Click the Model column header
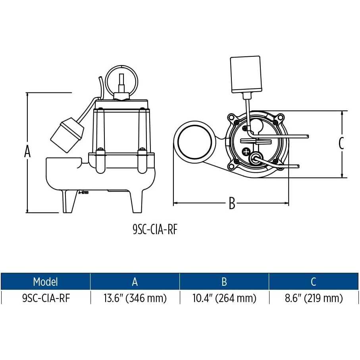pyautogui.click(x=45, y=282)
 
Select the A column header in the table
pyautogui.click(x=135, y=282)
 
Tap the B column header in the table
pyautogui.click(x=224, y=282)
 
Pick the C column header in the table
pyautogui.click(x=314, y=282)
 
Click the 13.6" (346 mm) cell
pyautogui.click(x=135, y=298)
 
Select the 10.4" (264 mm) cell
pyautogui.click(x=224, y=298)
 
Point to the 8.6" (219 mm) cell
pyautogui.click(x=314, y=298)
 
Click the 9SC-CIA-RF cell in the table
pyautogui.click(x=46, y=298)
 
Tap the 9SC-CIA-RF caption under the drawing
pyautogui.click(x=155, y=229)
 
